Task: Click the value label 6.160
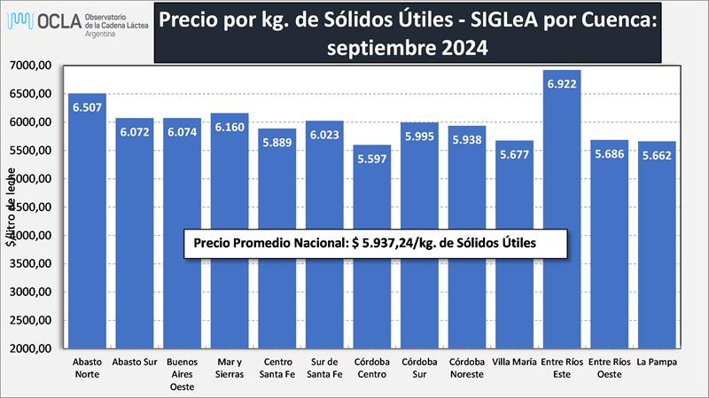230,128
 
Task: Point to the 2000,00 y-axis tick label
34,349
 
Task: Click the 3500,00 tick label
34,264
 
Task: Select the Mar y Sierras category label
230,367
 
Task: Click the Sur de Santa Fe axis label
324,367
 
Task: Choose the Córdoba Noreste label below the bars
467,367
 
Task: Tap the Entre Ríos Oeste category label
609,367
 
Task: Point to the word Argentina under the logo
104,33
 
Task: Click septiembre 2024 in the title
407,49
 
